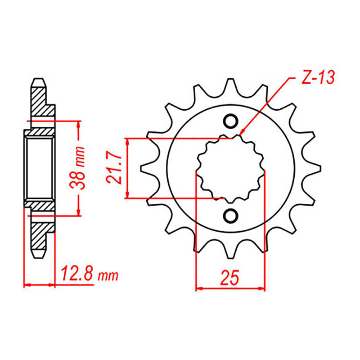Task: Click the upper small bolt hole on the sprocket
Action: [230, 121]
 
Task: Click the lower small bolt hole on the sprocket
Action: [230, 215]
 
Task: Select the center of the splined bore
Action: [230, 168]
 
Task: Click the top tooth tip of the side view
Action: [39, 81]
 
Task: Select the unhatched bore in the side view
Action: [39, 168]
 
